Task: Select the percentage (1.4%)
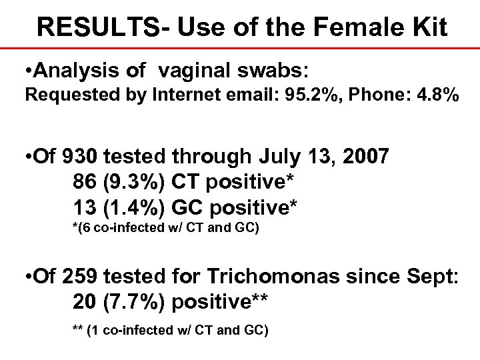(x=133, y=207)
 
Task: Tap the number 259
(x=86, y=281)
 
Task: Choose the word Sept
(x=431, y=281)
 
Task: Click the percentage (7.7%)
(x=133, y=305)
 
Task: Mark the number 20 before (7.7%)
(x=83, y=305)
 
